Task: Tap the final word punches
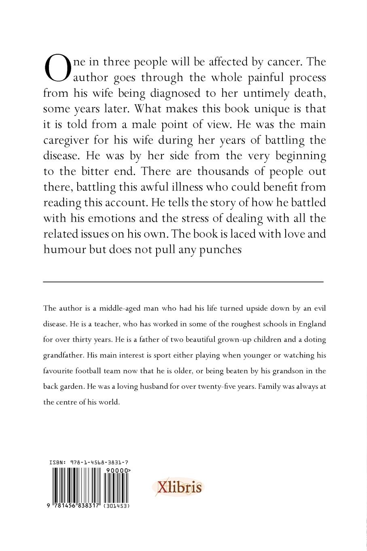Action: pyautogui.click(x=219, y=250)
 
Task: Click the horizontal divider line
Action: pyautogui.click(x=183, y=281)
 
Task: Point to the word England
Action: pyautogui.click(x=312, y=324)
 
